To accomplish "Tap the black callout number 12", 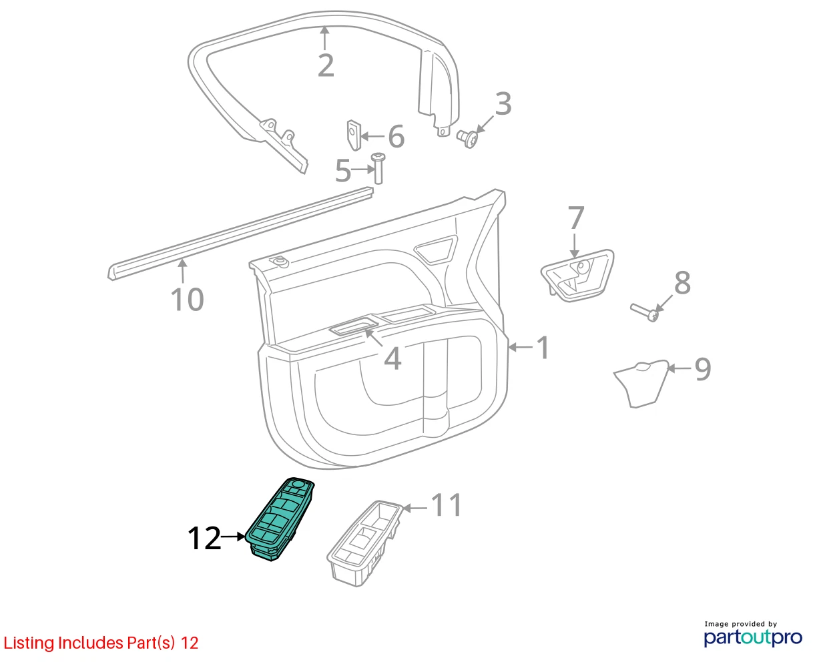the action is coord(204,538).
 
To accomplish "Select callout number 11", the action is coord(447,505).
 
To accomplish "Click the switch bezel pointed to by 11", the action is coord(364,543).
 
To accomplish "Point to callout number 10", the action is coord(187,299).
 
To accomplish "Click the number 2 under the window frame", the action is coord(326,65).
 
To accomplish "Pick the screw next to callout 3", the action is coord(468,139).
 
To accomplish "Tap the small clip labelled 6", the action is coord(354,135).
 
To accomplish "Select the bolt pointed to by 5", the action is coord(378,168).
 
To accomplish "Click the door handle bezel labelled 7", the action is coord(577,276).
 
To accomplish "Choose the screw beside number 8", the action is coord(645,312).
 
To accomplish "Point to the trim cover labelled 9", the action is coord(641,383).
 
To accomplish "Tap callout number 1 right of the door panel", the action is coord(543,348).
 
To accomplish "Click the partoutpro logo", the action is coord(752,638).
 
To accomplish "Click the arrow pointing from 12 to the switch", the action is coord(233,537).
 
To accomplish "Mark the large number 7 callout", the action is coord(576,218).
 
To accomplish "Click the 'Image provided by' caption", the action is coord(741,624).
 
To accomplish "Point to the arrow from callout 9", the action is coord(680,368).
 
